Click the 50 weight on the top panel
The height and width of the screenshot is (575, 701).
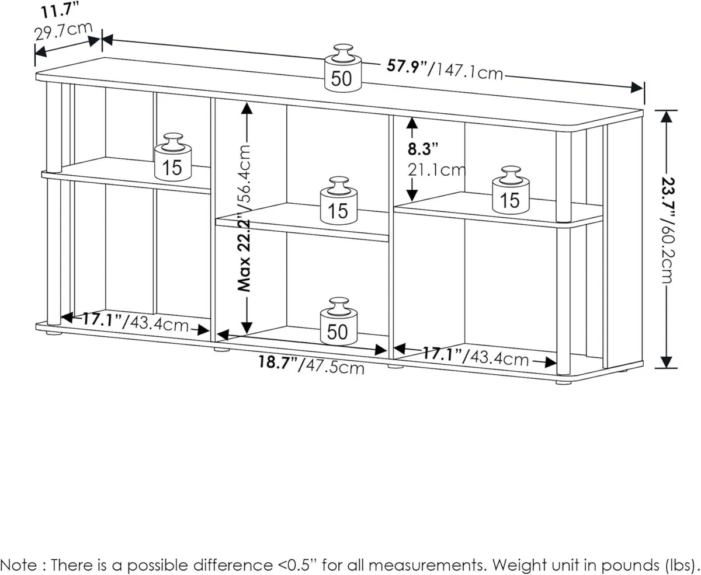342,69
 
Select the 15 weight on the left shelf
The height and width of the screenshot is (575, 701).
172,158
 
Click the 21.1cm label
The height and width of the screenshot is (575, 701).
436,170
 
